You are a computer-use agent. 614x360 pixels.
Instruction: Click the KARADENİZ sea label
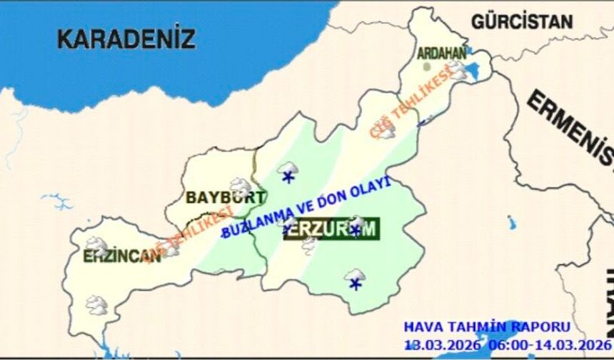[126, 38]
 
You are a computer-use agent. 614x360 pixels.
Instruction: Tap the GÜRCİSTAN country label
[523, 21]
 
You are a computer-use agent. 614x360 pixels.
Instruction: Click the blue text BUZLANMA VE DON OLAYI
[308, 207]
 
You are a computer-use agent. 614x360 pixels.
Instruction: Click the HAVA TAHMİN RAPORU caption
[488, 327]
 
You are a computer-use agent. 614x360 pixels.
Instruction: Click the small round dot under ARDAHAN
[428, 66]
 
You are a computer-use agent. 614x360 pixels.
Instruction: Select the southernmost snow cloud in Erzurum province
[355, 278]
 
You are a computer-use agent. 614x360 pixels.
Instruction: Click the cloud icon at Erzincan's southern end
[96, 305]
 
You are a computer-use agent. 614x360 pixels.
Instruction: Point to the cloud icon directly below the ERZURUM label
[309, 244]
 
